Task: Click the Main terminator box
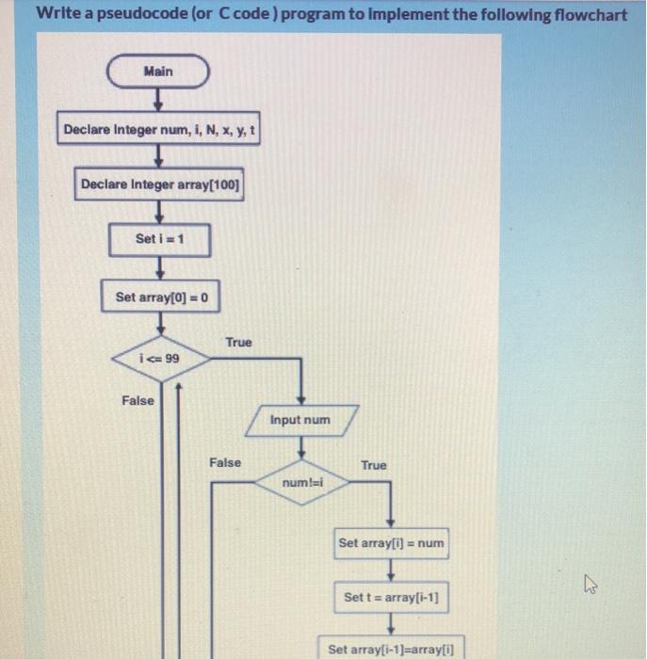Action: point(158,72)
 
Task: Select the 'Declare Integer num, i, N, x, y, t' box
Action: point(158,129)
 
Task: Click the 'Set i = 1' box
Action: point(159,239)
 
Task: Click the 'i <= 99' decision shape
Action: point(159,360)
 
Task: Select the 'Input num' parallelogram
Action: point(300,420)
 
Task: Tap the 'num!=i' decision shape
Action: point(301,483)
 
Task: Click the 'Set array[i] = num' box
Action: point(392,543)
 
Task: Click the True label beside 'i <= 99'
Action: point(238,343)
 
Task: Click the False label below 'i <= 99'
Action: point(137,401)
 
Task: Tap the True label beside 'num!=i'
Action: point(373,465)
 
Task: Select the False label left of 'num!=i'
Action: point(224,462)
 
